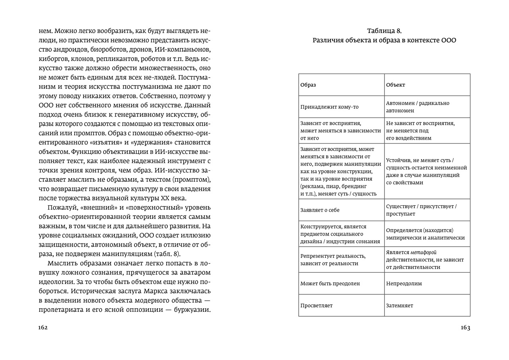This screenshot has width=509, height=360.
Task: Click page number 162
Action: coord(43,328)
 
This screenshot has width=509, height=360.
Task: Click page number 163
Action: coord(465,328)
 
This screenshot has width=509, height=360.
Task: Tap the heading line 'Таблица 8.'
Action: coord(384,31)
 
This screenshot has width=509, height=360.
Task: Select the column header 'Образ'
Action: coord(308,85)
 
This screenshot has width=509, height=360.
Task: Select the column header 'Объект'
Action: coord(396,85)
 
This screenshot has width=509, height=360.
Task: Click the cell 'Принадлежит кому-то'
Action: coord(330,107)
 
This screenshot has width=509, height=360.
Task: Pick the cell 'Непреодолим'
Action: coord(404,284)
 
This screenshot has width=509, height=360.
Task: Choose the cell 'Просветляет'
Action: coord(317,306)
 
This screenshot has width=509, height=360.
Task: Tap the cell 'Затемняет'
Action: coord(400,306)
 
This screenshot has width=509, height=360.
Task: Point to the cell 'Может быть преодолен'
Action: coord(330,284)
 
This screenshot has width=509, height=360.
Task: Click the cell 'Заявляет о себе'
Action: coord(320,210)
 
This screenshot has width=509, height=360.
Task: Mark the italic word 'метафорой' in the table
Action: coord(424,252)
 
